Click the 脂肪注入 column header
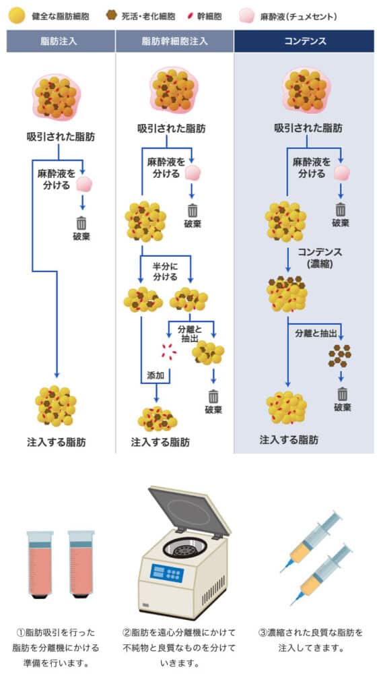pos(59,41)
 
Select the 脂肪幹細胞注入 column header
pos(174,41)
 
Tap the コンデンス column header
pos(304,41)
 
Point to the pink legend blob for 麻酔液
pos(246,15)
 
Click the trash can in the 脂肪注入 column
pos(81,222)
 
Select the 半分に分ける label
pos(165,272)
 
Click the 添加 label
pos(156,376)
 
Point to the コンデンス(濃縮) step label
pos(320,257)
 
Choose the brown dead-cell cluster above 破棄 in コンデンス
pos(340,355)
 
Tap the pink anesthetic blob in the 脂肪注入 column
pos(83,183)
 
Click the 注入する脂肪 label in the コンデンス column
pos(289,439)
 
